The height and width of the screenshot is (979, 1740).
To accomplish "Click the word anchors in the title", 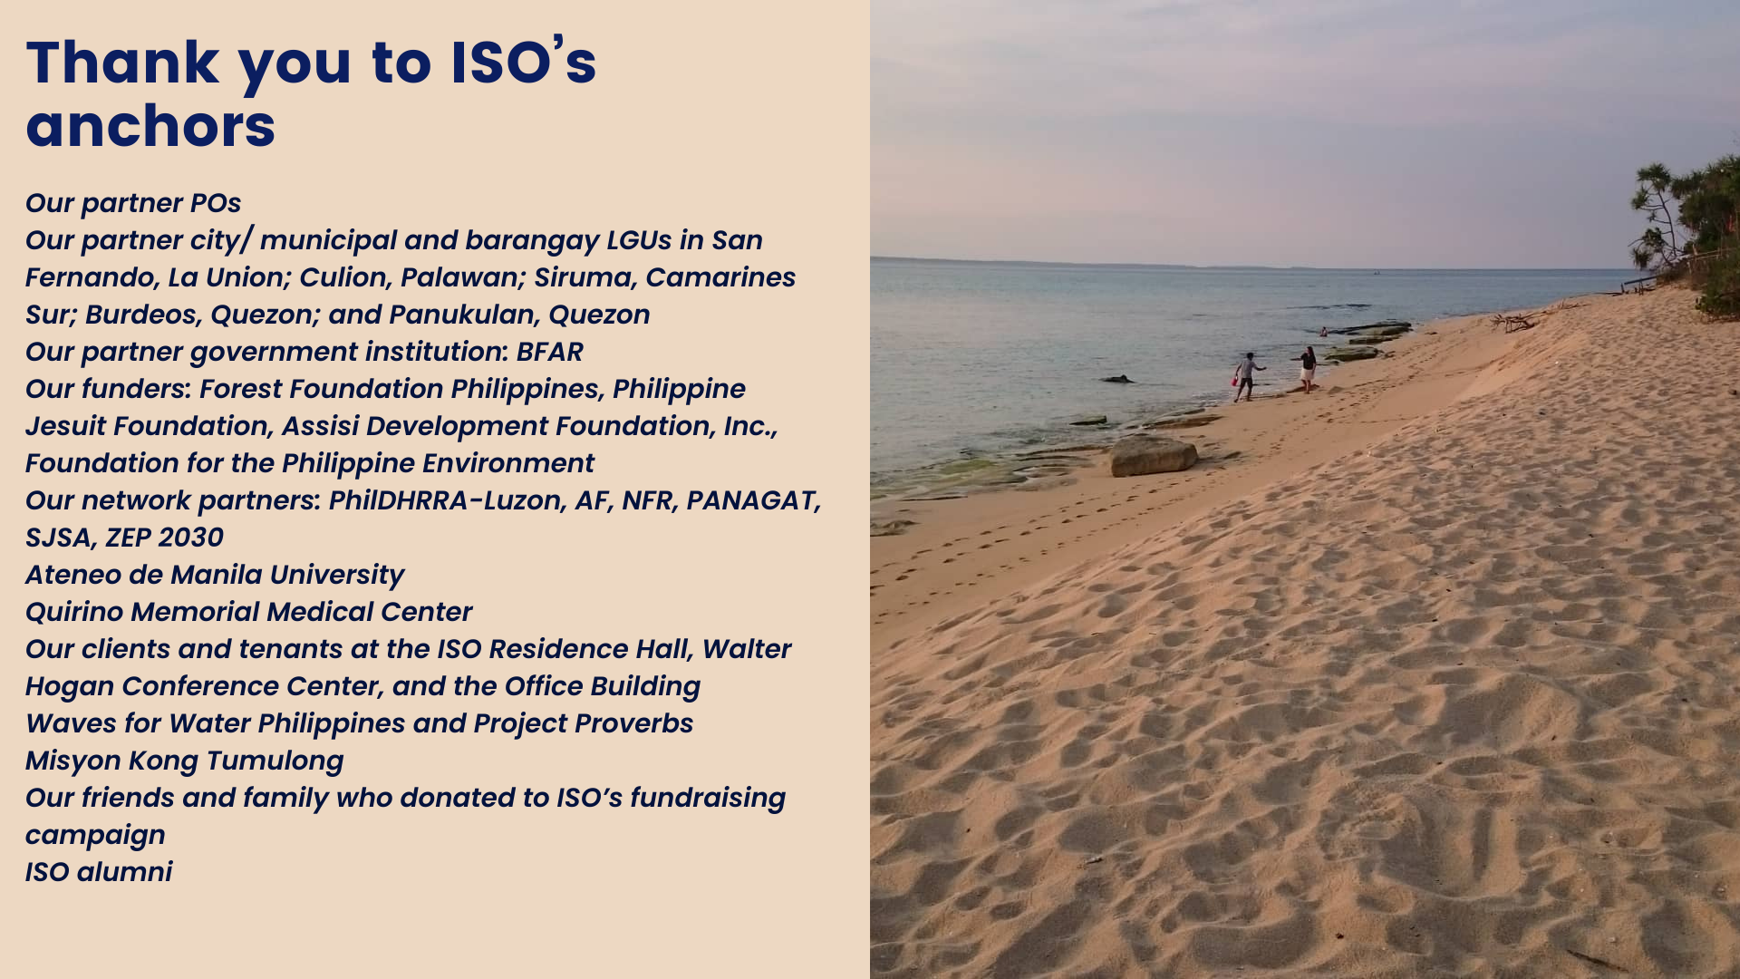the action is coord(150,126).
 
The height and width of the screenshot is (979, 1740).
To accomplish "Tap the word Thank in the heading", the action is coord(123,63).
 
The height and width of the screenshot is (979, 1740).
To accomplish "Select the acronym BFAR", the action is coord(550,352).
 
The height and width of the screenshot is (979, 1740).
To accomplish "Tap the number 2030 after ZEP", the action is coord(189,538).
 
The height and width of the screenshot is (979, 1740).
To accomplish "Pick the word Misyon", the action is coord(73,761).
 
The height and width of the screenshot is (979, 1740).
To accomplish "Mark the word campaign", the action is coord(95,836).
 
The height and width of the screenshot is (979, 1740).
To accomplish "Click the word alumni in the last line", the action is coord(124,872).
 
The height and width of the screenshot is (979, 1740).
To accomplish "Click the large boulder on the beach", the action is coord(1153,456).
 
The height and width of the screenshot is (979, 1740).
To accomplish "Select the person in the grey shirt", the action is coord(1248,376).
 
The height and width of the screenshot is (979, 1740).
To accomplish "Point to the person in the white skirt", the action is coord(1307,369).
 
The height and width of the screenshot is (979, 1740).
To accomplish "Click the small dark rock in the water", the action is coord(1117,379).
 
